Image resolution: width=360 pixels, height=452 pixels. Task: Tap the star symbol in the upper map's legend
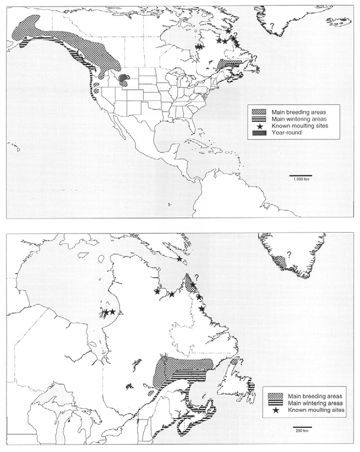pos(260,126)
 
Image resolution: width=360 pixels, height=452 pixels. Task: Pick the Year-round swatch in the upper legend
pos(260,133)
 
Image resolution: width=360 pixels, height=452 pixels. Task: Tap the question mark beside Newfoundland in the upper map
pos(255,57)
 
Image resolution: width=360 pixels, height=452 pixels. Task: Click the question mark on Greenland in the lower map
pos(288,255)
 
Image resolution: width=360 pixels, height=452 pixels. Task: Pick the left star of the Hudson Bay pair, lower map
pos(106,312)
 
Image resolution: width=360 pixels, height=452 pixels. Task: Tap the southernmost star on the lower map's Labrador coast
pos(202,308)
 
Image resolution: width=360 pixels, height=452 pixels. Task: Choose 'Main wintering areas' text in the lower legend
pos(316,402)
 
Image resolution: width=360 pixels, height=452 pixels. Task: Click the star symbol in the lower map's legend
pos(277,409)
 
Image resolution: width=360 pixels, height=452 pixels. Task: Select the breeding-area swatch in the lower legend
pos(277,395)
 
